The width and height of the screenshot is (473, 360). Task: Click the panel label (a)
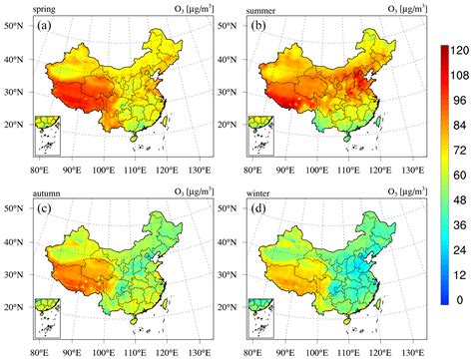44,27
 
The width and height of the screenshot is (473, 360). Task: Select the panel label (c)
44,199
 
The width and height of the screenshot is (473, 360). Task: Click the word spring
47,9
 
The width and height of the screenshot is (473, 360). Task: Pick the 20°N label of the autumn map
17,298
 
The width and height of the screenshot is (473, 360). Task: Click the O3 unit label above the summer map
407,9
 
